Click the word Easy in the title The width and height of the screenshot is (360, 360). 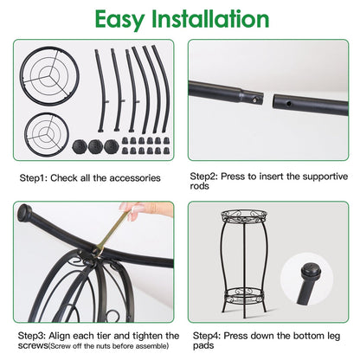pos(119,20)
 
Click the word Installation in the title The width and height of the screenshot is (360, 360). pos(210,19)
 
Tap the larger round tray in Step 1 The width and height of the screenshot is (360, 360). pos(22,76)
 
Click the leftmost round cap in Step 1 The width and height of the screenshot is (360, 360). pos(80,147)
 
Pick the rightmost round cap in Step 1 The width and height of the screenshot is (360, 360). pos(112,147)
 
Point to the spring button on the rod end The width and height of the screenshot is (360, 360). pos(255,100)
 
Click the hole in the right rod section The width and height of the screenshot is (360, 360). pos(289,103)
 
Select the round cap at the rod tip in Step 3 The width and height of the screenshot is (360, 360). pos(25,214)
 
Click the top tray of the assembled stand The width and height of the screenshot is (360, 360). pos(244,217)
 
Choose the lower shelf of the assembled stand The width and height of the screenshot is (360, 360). pos(244,294)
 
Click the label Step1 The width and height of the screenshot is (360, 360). pos(33,178)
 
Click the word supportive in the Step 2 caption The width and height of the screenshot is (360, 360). pos(325,177)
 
